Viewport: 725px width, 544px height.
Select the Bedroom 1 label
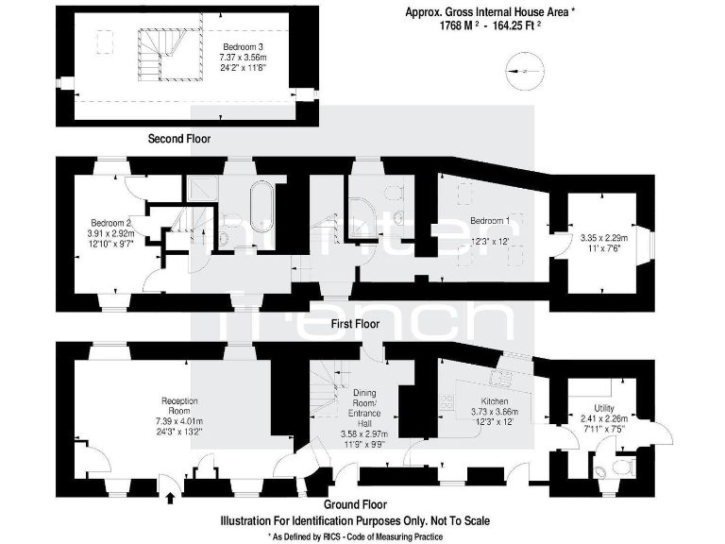tap(490, 221)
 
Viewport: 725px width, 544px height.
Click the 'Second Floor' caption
tap(179, 139)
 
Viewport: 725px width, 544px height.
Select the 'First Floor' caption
tap(355, 323)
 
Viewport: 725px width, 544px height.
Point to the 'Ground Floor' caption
tap(355, 504)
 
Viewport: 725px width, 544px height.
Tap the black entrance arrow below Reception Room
tap(170, 493)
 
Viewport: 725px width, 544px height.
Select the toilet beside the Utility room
tap(619, 466)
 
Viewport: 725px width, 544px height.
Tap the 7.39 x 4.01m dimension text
tap(179, 420)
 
